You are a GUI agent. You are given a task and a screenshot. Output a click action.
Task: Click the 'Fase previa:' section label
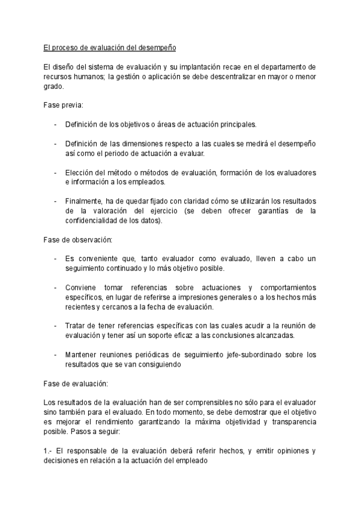tap(64, 105)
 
